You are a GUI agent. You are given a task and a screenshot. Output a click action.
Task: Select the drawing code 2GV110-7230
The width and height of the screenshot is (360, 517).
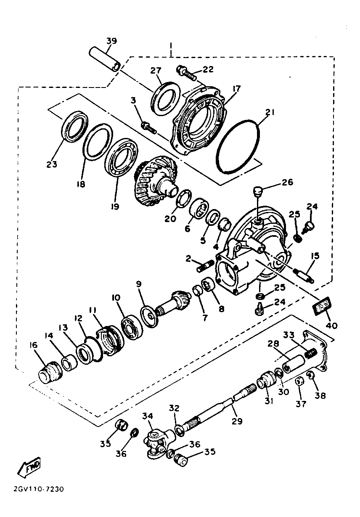[x=39, y=490]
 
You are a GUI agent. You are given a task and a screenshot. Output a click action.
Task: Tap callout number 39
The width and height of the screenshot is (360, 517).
[x=111, y=41]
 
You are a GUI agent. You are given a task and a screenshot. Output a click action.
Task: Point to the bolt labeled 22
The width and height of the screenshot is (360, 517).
[x=187, y=74]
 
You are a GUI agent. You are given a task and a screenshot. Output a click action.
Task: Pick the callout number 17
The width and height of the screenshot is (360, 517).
[x=236, y=89]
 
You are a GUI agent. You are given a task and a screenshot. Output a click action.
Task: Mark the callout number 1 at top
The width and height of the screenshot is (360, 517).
[x=171, y=45]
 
